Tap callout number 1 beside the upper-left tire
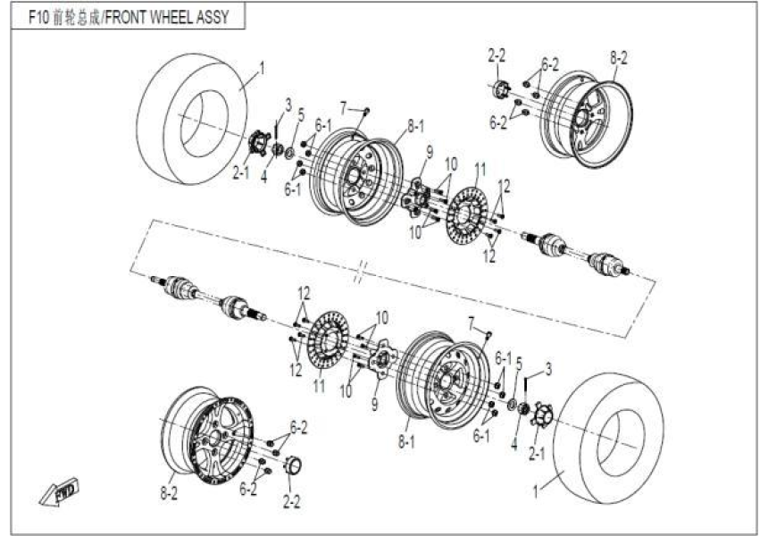[x=262, y=67]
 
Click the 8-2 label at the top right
[x=619, y=58]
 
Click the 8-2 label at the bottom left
[x=167, y=490]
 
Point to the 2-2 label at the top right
[x=497, y=56]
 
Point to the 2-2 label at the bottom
[x=292, y=501]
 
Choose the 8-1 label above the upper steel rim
[x=415, y=128]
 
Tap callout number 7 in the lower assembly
[x=472, y=322]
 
